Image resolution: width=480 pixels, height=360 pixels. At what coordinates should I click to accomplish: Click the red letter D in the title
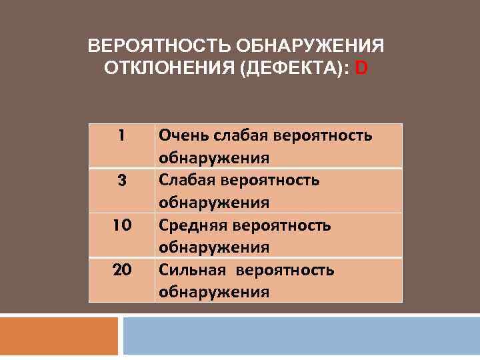[x=361, y=67]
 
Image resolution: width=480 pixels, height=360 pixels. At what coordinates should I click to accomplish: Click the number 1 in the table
[x=121, y=135]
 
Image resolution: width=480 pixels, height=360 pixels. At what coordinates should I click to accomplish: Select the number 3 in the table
[x=121, y=180]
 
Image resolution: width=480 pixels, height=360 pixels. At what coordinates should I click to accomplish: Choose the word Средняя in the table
[x=191, y=225]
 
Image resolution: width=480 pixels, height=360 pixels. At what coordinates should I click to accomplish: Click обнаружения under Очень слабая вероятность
[x=213, y=158]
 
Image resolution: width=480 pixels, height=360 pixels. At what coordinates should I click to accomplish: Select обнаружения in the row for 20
[x=213, y=291]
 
